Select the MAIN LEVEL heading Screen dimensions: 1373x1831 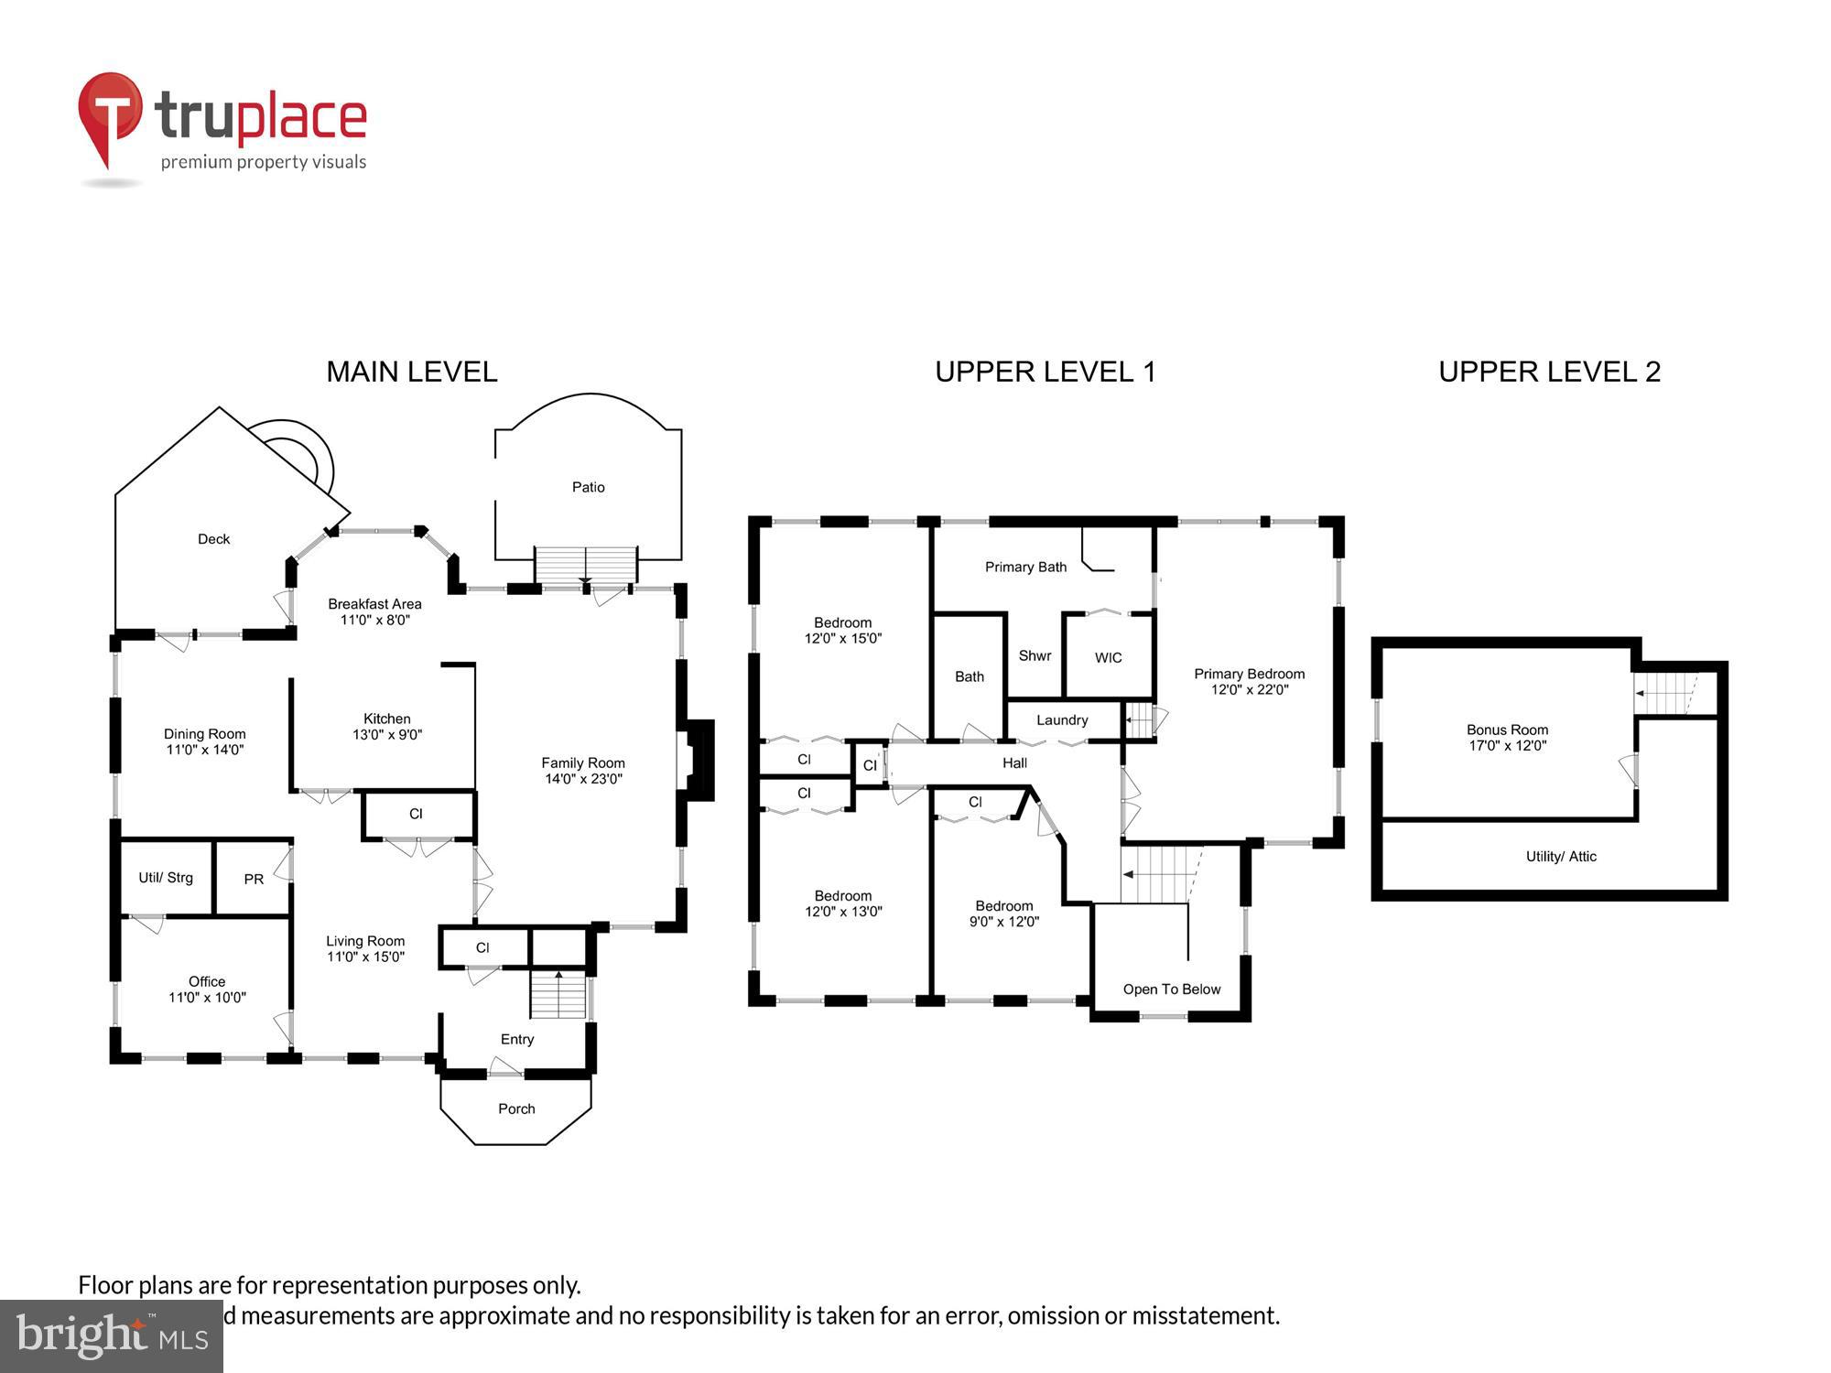click(412, 372)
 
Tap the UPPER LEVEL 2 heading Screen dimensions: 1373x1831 click(1549, 372)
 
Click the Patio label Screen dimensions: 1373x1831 click(588, 487)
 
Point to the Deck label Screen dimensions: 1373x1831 click(213, 539)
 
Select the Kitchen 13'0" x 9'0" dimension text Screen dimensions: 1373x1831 click(387, 735)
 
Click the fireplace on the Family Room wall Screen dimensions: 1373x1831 click(698, 761)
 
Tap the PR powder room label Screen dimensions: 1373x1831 click(254, 880)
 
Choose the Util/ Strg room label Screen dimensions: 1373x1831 click(166, 878)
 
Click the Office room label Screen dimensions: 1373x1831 click(207, 981)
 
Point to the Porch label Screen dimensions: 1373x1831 click(516, 1108)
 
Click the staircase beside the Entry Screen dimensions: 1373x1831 click(558, 996)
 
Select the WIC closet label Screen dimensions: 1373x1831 click(1108, 658)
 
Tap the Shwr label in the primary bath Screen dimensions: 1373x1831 click(1035, 655)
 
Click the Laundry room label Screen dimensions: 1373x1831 click(1062, 720)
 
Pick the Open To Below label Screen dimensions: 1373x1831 click(1172, 989)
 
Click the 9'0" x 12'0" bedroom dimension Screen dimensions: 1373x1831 click(1004, 922)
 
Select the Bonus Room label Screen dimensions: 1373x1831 click(1507, 730)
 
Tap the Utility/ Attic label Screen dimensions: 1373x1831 click(1561, 857)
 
